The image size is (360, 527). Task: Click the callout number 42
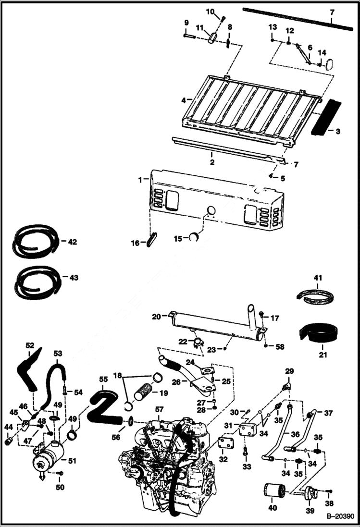point(72,242)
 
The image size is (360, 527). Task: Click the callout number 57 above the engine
point(160,409)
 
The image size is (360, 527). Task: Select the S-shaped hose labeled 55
point(105,406)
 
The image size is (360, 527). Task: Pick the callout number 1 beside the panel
point(140,179)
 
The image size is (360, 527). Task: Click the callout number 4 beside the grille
point(184,100)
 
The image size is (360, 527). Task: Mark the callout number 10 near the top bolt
point(211,11)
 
